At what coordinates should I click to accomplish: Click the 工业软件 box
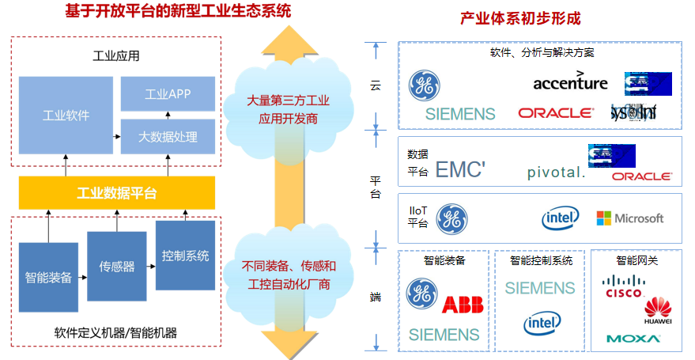[x=66, y=116]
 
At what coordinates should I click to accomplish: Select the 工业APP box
[x=168, y=94]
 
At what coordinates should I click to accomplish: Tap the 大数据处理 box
[x=168, y=137]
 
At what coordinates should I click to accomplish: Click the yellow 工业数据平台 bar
[x=117, y=193]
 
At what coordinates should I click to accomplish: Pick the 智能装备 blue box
[x=49, y=277]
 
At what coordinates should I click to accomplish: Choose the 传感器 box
[x=117, y=267]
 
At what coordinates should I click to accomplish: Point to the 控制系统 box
[x=185, y=256]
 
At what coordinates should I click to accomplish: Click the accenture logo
[x=570, y=82]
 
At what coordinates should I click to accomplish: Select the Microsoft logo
[x=630, y=218]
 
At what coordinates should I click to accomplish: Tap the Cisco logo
[x=624, y=287]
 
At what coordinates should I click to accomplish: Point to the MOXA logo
[x=633, y=339]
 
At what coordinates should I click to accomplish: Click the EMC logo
[x=459, y=169]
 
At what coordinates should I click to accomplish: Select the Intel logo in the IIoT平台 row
[x=560, y=217]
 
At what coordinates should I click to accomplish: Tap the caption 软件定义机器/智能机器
[x=115, y=332]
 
